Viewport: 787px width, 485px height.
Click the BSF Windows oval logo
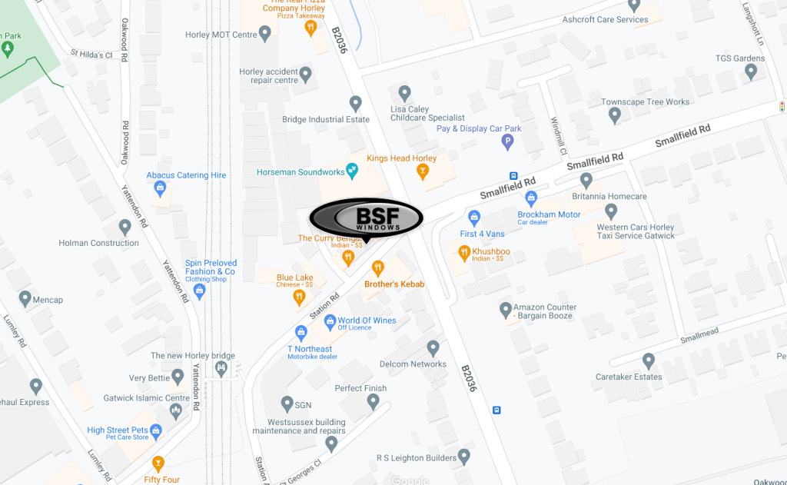tap(367, 218)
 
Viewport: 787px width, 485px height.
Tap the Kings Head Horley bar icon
tap(422, 172)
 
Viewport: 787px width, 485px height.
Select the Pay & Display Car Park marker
tap(507, 141)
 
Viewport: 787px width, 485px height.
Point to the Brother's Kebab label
tap(394, 284)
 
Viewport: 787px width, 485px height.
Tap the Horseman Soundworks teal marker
tap(352, 170)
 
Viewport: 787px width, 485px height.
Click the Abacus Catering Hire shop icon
tap(160, 187)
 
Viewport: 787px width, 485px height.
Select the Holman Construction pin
tap(125, 227)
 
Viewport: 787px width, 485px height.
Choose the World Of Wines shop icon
tap(330, 321)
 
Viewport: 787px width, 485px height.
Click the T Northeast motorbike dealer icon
tap(301, 333)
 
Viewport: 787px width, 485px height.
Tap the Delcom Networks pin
tap(433, 347)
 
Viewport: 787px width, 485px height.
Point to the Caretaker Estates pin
tap(649, 360)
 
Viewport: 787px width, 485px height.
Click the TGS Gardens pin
tap(751, 71)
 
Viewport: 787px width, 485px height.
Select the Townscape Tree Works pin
tap(614, 115)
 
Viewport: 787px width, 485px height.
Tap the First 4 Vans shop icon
tap(474, 218)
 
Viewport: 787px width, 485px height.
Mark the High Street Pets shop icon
tap(157, 430)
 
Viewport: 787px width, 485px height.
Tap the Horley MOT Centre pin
tap(265, 34)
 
